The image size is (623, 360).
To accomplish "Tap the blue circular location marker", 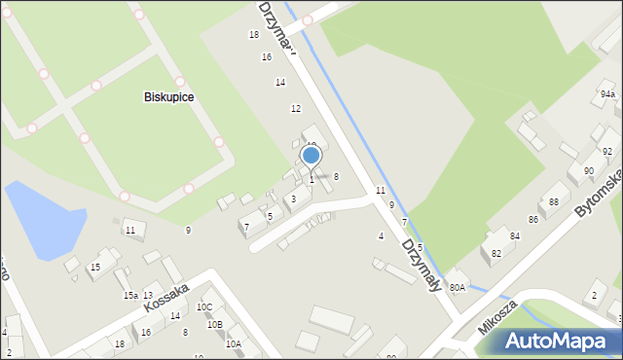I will point(311,155).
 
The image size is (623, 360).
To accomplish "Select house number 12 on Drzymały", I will point(295,108).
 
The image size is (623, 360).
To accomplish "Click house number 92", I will point(606,152).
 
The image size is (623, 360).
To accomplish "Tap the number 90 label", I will point(588,171).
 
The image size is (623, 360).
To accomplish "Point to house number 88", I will point(553,201).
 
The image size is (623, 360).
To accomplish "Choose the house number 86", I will point(532,220).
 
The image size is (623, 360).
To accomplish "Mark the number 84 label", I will point(514,236).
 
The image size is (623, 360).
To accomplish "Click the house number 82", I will point(496,253).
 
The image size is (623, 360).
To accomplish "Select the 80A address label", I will point(457,287).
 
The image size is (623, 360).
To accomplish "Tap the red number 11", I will point(381,190).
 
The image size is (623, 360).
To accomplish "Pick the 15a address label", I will point(129,296).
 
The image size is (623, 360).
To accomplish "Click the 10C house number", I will point(203,307).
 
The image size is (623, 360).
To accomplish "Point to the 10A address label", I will point(233,343).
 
